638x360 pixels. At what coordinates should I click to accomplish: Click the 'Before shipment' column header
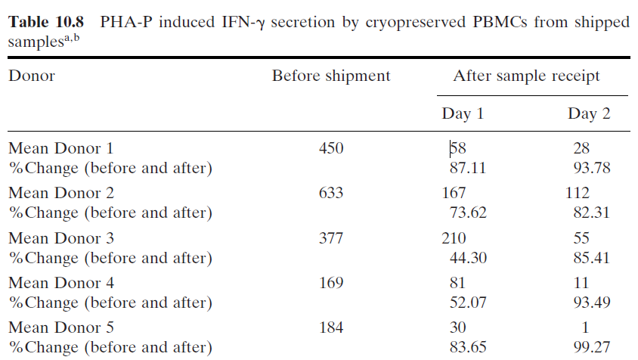tap(331, 76)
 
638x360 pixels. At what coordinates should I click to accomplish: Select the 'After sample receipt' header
tap(527, 76)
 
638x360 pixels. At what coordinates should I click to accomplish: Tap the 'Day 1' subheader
tap(463, 113)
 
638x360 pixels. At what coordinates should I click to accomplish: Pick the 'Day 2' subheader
tap(590, 113)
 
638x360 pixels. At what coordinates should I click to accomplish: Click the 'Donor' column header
tap(32, 76)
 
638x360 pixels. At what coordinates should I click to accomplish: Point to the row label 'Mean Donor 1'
tap(61, 148)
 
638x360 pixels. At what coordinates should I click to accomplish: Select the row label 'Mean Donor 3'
tap(61, 239)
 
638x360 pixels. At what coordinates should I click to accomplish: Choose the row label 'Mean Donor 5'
tap(61, 328)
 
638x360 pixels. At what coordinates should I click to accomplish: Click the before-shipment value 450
tap(331, 148)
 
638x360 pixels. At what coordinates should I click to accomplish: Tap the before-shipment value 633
tap(331, 194)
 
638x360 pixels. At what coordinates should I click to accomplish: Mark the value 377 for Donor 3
tap(331, 239)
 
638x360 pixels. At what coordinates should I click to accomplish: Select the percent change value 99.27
tap(592, 348)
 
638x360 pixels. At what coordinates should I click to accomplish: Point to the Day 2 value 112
tap(578, 194)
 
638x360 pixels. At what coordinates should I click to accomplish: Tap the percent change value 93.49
tap(592, 303)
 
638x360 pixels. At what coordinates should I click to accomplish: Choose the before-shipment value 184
tap(331, 328)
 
